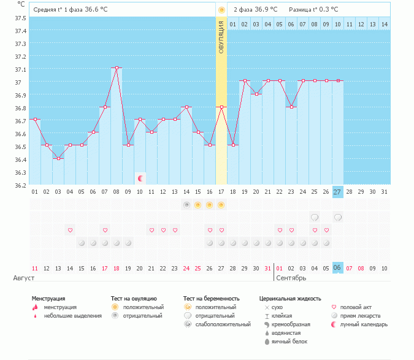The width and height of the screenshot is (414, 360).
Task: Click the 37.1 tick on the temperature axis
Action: [x=20, y=69]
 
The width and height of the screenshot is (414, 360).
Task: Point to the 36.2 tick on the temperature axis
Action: [x=20, y=185]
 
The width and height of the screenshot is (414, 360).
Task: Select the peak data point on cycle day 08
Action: [x=117, y=68]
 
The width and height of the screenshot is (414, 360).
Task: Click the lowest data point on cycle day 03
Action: [x=58, y=158]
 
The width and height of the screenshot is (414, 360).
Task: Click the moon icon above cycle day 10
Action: [x=140, y=178]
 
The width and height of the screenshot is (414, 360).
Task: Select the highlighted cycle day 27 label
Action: [x=337, y=192]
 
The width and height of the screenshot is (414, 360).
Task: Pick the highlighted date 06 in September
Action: [x=337, y=268]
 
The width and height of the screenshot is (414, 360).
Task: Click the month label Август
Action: [x=23, y=278]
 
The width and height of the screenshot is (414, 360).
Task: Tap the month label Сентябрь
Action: [x=291, y=278]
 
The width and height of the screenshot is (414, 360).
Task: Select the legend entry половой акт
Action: [x=356, y=307]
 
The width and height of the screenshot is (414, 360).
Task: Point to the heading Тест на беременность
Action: [x=211, y=298]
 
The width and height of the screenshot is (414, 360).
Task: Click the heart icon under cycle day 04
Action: [x=70, y=230]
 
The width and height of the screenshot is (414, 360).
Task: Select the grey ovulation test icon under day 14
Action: [x=186, y=205]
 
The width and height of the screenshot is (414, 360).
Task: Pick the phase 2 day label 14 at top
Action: [x=384, y=24]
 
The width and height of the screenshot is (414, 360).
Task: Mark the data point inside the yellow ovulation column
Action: [x=221, y=107]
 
